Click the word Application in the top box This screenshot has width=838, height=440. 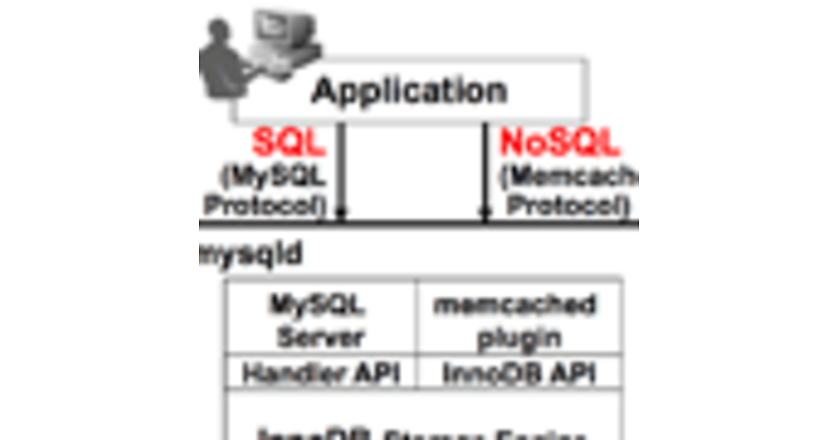coord(409,91)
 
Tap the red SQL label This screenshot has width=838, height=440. coord(289,144)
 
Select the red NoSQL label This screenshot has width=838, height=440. coord(559,144)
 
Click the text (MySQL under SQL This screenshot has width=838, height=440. coord(274,177)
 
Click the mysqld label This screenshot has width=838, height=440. coord(251,255)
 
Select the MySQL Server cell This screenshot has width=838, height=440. coord(321,321)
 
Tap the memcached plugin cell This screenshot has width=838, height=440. coord(519,321)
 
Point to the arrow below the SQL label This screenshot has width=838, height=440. coord(341,210)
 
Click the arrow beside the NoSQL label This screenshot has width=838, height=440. coord(485,210)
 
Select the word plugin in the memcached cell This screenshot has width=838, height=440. coord(519,339)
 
